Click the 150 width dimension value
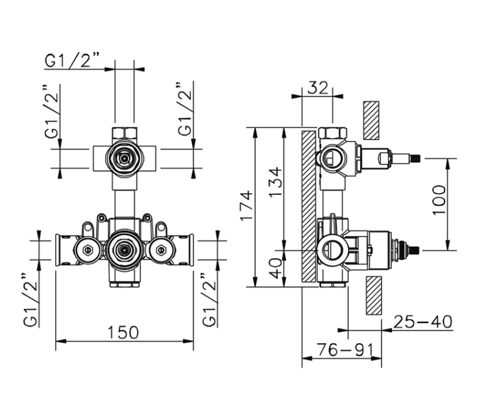125,332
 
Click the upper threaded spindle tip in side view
415,158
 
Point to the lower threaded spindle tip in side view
415,248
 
